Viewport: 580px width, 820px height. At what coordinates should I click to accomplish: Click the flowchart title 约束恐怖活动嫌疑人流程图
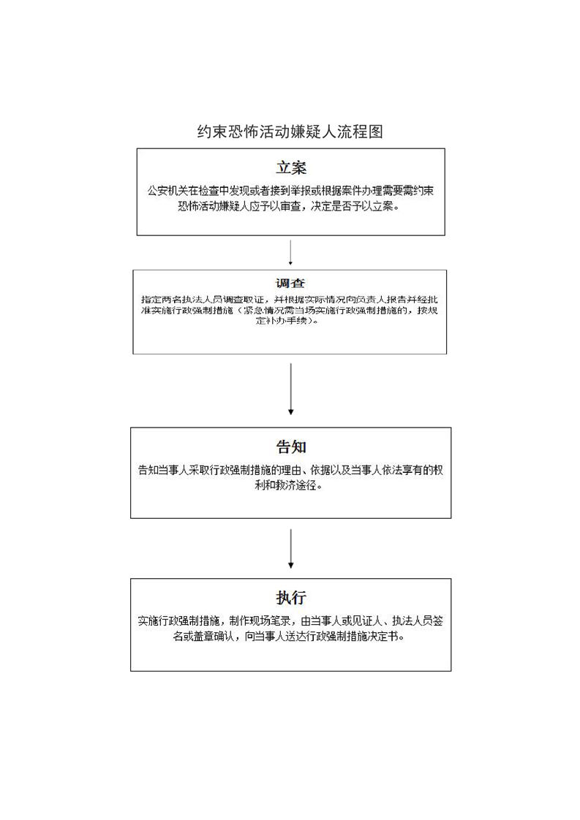(x=290, y=132)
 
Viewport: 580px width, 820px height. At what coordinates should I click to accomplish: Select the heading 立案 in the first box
(x=290, y=167)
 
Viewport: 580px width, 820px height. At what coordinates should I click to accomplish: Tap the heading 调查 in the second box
(x=290, y=284)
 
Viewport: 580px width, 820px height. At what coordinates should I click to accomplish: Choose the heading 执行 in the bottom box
(x=290, y=597)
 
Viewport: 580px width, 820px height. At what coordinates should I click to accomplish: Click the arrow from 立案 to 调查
(x=290, y=252)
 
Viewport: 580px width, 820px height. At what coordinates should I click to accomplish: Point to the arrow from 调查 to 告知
(x=290, y=389)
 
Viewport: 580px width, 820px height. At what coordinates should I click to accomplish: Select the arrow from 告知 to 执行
(x=290, y=548)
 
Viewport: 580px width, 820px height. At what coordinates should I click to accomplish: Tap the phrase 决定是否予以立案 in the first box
(x=358, y=206)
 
